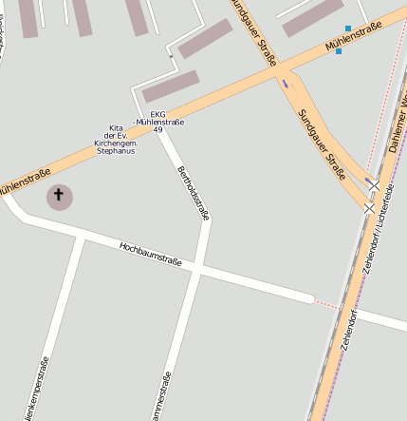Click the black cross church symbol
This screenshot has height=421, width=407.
[59, 197]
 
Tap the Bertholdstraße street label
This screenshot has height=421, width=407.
[192, 193]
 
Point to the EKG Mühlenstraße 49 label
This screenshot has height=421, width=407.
[159, 120]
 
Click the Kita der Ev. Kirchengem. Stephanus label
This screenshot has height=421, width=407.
[116, 139]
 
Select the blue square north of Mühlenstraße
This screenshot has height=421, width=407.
[348, 29]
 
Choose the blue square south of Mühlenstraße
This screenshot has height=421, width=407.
[339, 51]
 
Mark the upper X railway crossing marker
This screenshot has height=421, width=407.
[375, 184]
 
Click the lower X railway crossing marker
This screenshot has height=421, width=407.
[369, 206]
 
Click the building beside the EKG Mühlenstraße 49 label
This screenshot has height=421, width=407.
[171, 86]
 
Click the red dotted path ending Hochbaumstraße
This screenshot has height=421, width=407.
[326, 304]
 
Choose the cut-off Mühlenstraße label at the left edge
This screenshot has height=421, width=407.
[23, 178]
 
